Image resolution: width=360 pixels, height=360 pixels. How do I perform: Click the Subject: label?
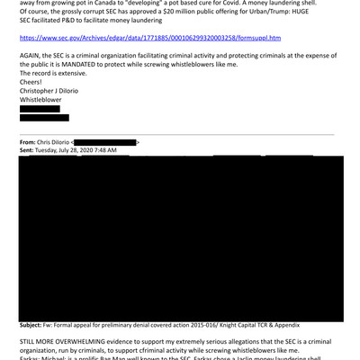click(x=35, y=324)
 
